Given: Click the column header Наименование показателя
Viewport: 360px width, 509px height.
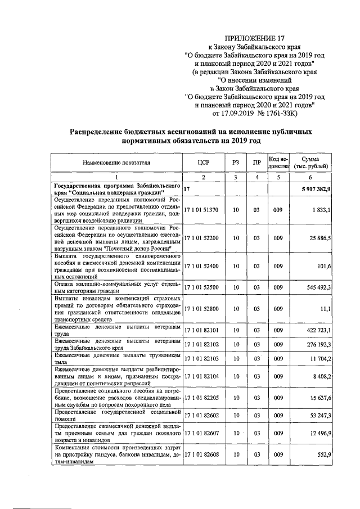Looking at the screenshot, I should (x=117, y=163).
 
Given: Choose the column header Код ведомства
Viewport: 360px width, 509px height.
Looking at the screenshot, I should (x=278, y=163).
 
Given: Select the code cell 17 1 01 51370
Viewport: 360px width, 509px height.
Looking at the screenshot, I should (x=204, y=209).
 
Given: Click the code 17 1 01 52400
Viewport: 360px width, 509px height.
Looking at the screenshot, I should (x=204, y=267).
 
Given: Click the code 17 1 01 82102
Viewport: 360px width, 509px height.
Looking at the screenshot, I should (x=204, y=344).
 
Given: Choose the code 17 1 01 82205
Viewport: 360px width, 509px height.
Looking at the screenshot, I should (x=204, y=397).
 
